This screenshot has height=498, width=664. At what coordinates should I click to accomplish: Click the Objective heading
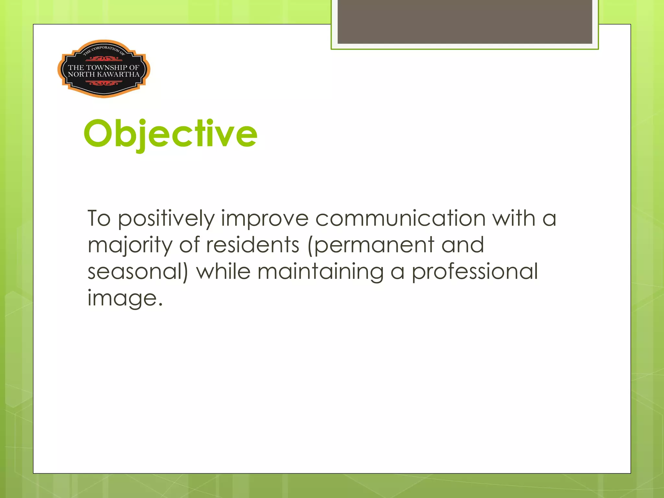coord(170,134)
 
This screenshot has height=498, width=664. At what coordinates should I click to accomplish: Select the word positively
coord(166,219)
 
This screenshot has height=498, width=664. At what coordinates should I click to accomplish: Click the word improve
coord(265,219)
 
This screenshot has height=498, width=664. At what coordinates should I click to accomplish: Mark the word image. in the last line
coord(125,298)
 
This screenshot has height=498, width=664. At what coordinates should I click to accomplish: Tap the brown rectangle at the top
coord(465,22)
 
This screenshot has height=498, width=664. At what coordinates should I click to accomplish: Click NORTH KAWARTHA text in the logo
coord(103,74)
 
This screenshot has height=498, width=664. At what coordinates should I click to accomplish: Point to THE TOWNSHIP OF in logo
coord(103,67)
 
